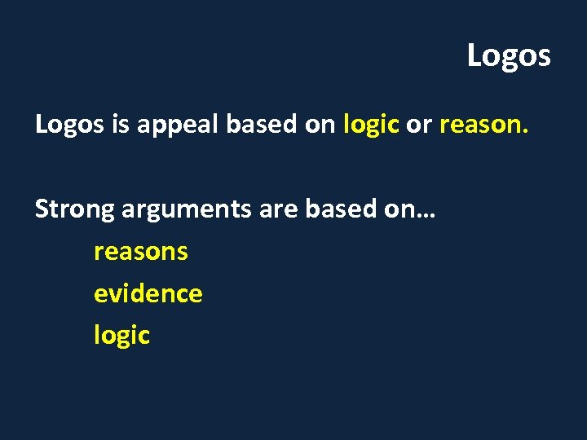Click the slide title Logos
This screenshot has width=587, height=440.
pyautogui.click(x=509, y=56)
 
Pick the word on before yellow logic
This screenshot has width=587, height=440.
pyautogui.click(x=321, y=125)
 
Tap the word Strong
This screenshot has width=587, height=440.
pyautogui.click(x=75, y=209)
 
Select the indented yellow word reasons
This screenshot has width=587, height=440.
pyautogui.click(x=140, y=252)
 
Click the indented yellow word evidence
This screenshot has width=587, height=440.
pyautogui.click(x=148, y=293)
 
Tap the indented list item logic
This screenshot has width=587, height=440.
pyautogui.click(x=121, y=336)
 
